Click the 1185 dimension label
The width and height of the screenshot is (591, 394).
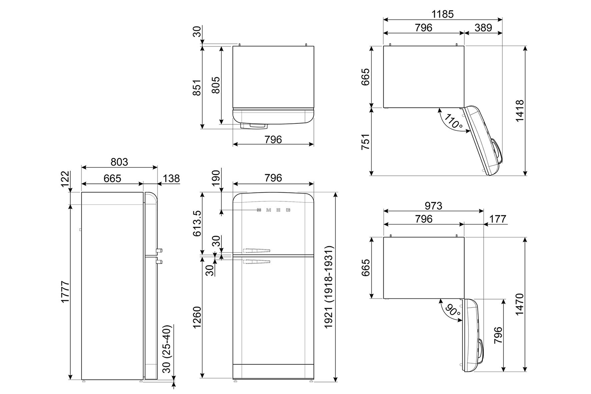(x=442, y=14)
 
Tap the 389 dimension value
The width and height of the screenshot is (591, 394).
(x=483, y=28)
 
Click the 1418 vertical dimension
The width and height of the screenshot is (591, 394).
(x=520, y=111)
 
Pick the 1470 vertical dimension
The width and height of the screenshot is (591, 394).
(x=520, y=304)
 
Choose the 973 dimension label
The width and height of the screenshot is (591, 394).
(x=433, y=206)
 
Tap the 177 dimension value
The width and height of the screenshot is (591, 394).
(x=498, y=219)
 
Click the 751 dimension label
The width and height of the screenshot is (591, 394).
(x=365, y=142)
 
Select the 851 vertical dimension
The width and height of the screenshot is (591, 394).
(x=197, y=87)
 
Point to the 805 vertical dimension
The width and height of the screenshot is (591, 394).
(x=216, y=85)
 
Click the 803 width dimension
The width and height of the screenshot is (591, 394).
(x=119, y=162)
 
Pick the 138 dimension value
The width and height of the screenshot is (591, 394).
(x=171, y=178)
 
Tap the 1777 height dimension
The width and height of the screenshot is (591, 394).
(x=65, y=292)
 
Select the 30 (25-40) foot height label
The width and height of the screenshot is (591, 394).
(x=167, y=349)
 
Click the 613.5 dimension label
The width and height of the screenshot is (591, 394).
(x=197, y=223)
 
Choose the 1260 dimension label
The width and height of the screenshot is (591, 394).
(x=197, y=317)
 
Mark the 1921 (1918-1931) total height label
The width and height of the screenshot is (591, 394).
(x=329, y=287)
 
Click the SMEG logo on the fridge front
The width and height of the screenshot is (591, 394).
(x=273, y=210)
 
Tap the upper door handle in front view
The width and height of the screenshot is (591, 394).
(x=256, y=250)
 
